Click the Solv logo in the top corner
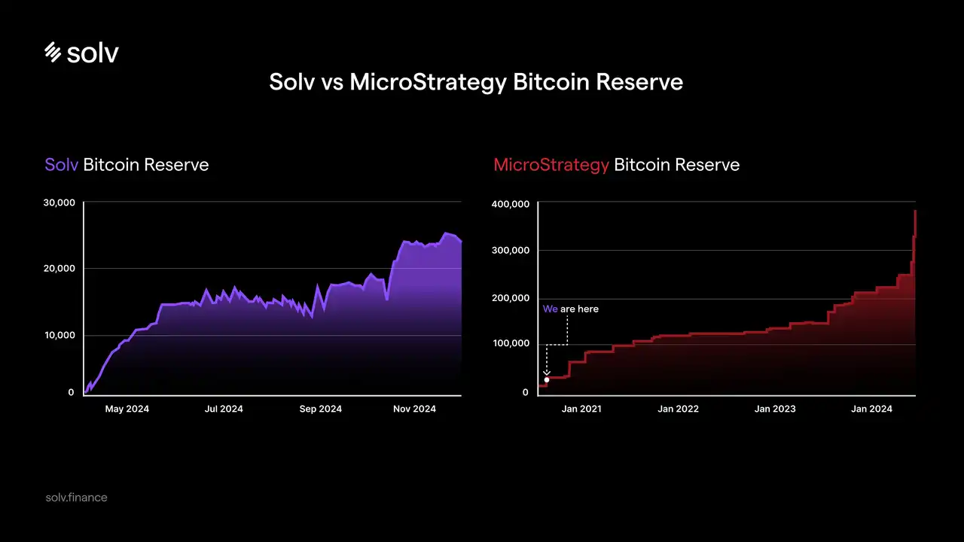click(81, 52)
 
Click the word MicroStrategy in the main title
click(428, 82)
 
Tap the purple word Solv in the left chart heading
click(61, 164)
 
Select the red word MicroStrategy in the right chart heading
click(551, 164)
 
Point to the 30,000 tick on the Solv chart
click(60, 202)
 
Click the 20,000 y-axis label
click(60, 269)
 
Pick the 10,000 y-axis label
click(60, 335)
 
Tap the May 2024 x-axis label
click(127, 409)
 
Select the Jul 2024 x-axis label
click(224, 409)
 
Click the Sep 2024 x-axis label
click(320, 409)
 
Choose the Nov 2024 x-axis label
click(414, 409)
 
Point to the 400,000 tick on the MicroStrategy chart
click(511, 204)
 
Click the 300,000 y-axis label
click(511, 251)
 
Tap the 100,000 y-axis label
click(511, 344)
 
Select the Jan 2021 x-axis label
click(581, 409)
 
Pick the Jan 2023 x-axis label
click(775, 409)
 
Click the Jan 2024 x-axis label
click(871, 409)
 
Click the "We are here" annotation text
click(571, 309)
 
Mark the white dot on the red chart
click(547, 379)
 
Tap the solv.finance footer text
click(76, 498)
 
